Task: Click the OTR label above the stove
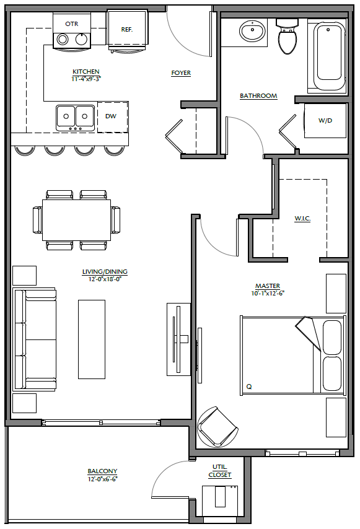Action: pyautogui.click(x=71, y=24)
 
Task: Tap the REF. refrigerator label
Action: pyautogui.click(x=127, y=30)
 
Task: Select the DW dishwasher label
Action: pyautogui.click(x=111, y=116)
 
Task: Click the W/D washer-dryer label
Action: pyautogui.click(x=325, y=120)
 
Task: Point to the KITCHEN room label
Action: pyautogui.click(x=86, y=71)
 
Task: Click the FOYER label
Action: pyautogui.click(x=181, y=73)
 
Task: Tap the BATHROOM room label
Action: pyautogui.click(x=258, y=96)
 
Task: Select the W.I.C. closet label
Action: pyautogui.click(x=302, y=219)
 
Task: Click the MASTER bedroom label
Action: pyautogui.click(x=268, y=286)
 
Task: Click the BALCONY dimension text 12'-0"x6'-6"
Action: pyautogui.click(x=103, y=479)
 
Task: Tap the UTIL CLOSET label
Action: pyautogui.click(x=219, y=471)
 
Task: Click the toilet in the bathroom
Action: pyautogui.click(x=287, y=37)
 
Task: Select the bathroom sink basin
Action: pyautogui.click(x=252, y=31)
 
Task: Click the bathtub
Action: pyautogui.click(x=329, y=56)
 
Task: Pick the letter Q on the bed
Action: pyautogui.click(x=249, y=387)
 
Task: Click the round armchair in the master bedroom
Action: pyautogui.click(x=217, y=427)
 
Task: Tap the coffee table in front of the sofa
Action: pyautogui.click(x=92, y=339)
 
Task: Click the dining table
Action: pyautogui.click(x=77, y=220)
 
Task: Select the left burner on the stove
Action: pyautogui.click(x=63, y=40)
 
